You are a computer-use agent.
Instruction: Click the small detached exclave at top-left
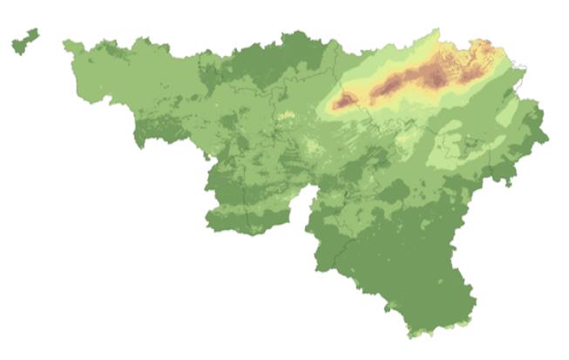tap(24, 42)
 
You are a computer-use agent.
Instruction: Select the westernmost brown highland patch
tap(345, 101)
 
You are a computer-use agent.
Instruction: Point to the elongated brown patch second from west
tap(389, 84)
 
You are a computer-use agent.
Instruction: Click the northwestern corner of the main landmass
tap(66, 42)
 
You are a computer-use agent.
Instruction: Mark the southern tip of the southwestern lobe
tap(249, 234)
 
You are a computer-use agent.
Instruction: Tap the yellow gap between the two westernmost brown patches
tap(366, 96)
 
